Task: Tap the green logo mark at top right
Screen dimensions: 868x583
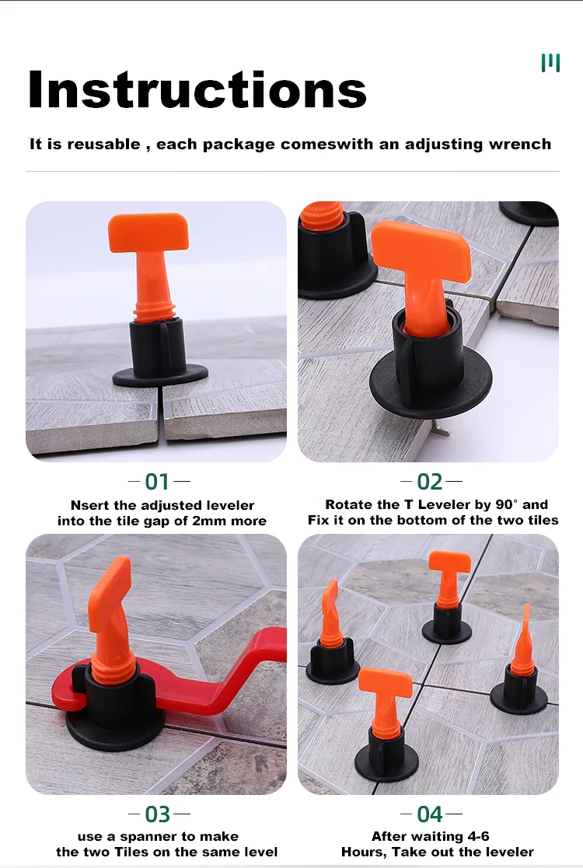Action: tap(550, 63)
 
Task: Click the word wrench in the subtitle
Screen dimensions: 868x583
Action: tap(520, 145)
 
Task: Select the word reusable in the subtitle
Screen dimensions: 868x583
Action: tap(103, 145)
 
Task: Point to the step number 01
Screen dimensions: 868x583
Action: tap(157, 482)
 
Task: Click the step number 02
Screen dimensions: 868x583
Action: tap(429, 482)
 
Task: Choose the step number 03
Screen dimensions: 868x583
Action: tap(157, 814)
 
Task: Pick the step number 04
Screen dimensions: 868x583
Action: tap(429, 814)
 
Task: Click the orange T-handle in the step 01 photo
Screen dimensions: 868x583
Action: tap(148, 233)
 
